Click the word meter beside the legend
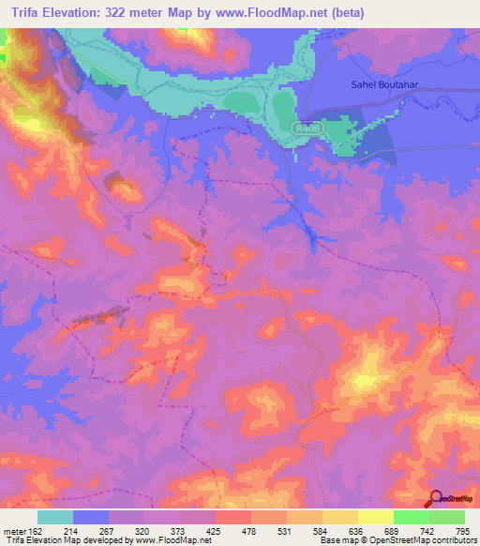13,530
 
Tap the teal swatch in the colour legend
55,517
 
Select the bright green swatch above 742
412,517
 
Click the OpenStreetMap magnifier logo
437,499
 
